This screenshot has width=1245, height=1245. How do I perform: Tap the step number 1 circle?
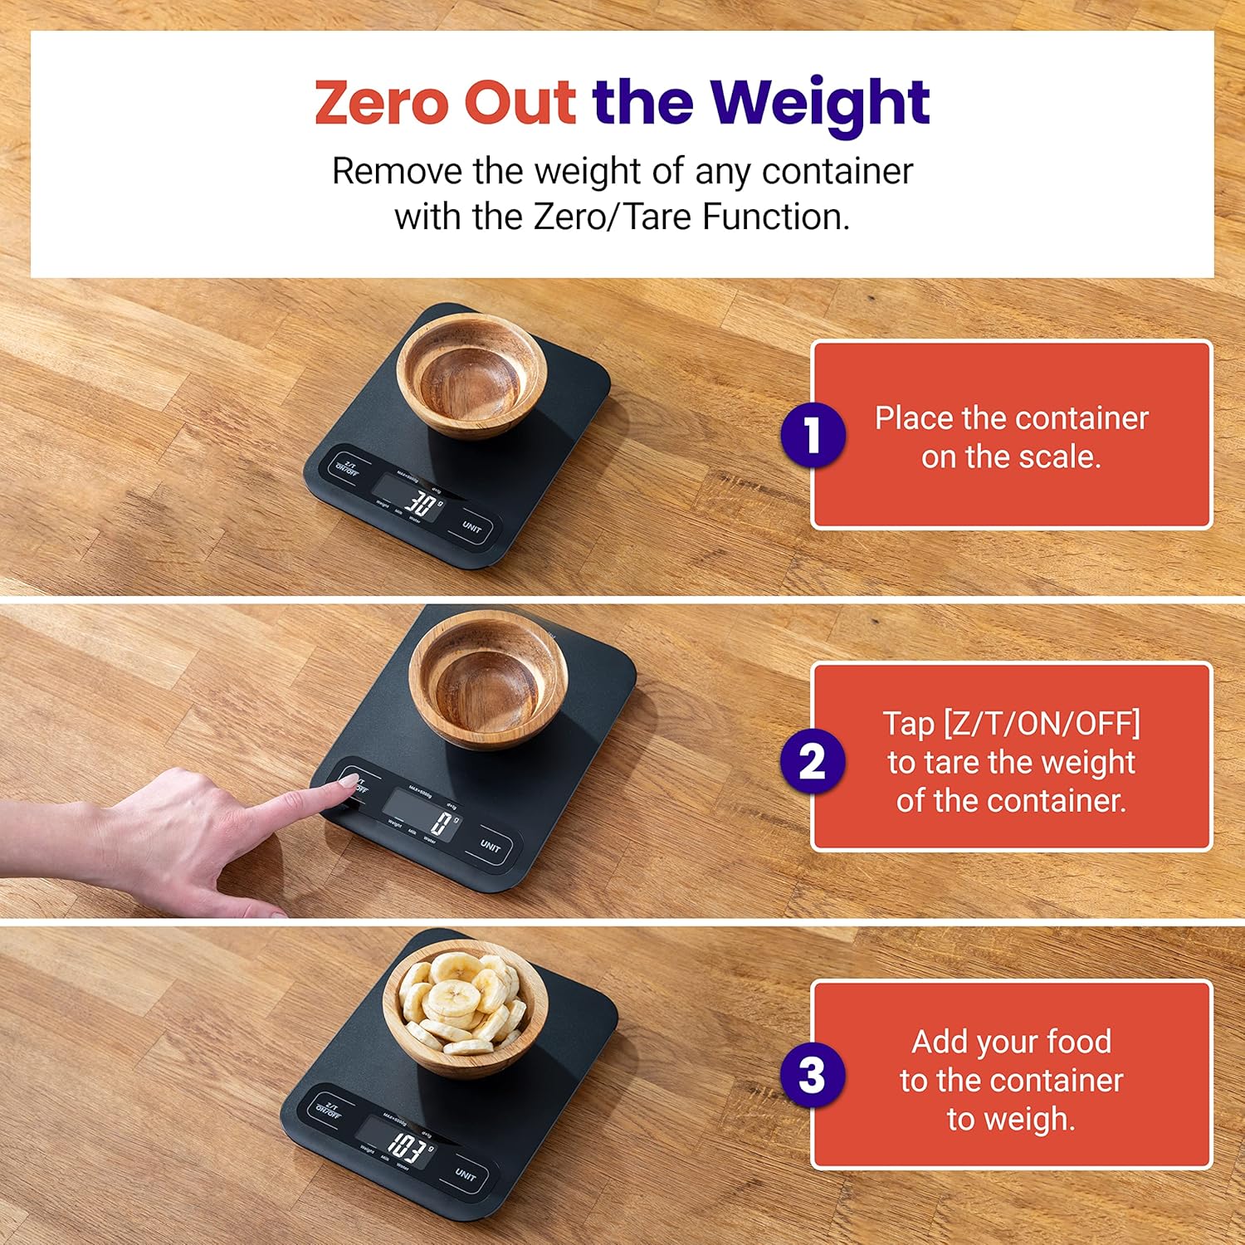pos(813,434)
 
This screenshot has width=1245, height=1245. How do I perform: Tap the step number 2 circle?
pos(813,761)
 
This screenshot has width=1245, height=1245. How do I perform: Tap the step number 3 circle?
pos(813,1076)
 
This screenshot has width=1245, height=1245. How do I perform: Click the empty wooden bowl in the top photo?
pos(471,375)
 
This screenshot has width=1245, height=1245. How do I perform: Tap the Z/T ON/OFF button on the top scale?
pos(347,467)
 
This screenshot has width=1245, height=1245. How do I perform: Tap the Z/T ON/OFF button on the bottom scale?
pos(330,1110)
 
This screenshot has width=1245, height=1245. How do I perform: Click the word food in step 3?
pos(1079,1042)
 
